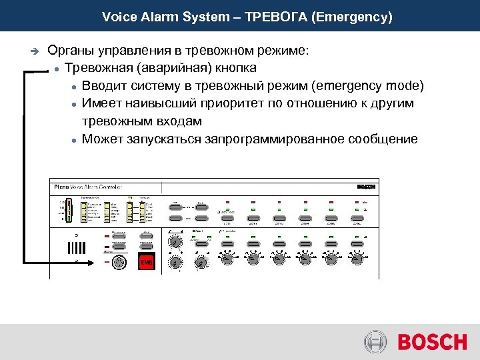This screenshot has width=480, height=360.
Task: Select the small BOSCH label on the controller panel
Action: [x=366, y=187]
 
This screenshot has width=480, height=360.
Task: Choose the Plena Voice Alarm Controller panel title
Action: [x=87, y=187]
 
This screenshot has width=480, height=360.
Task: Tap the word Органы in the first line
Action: [x=70, y=51]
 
